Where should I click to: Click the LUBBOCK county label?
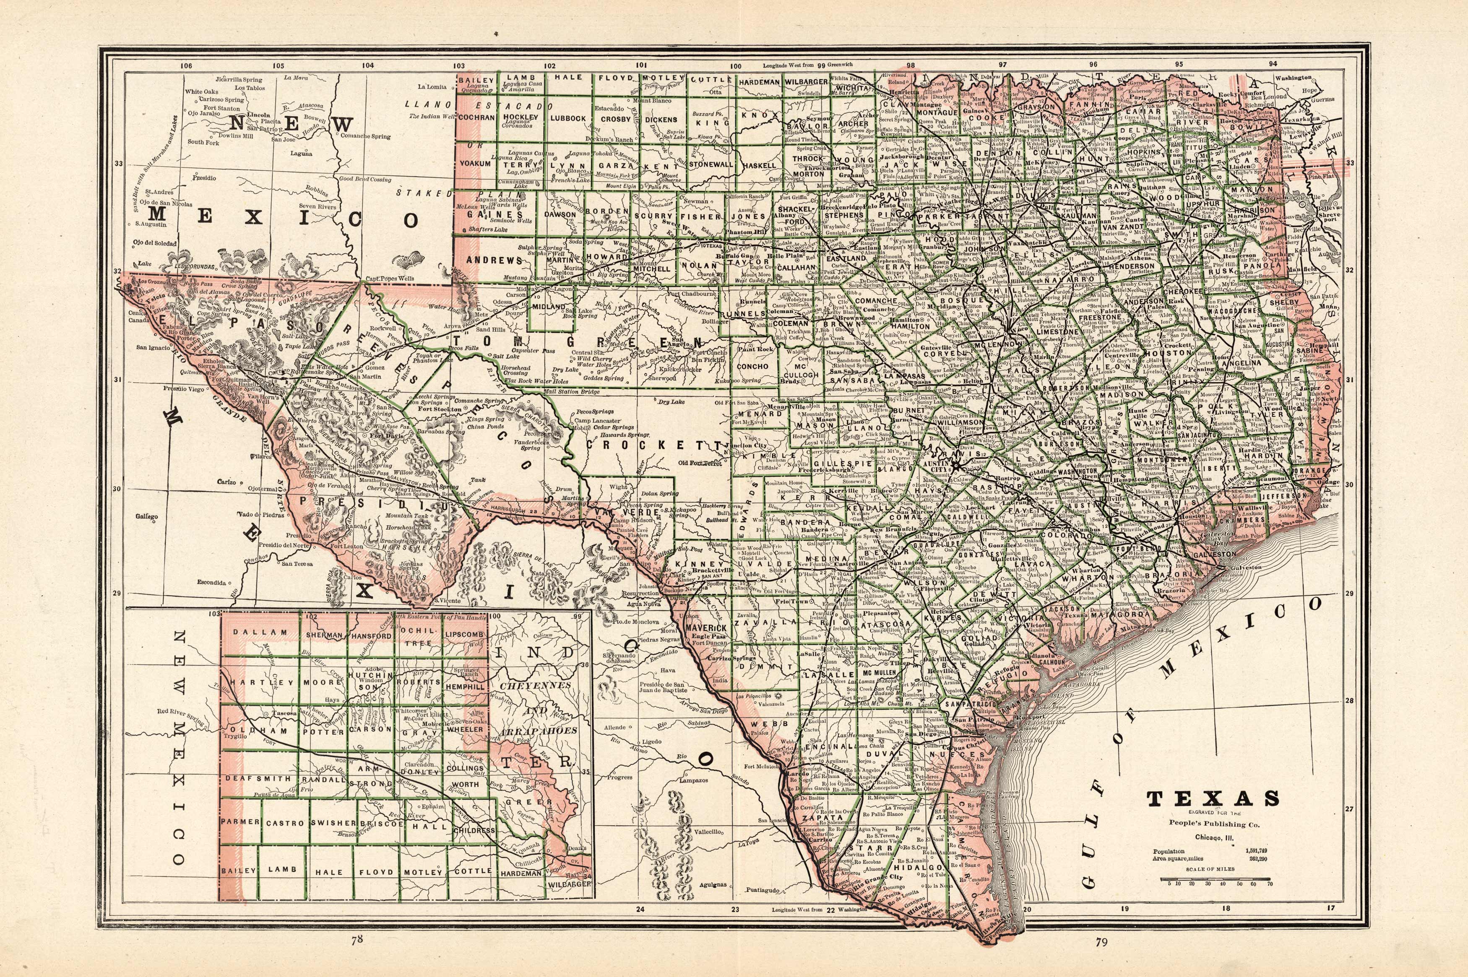pyautogui.click(x=567, y=118)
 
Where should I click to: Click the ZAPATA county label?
pyautogui.click(x=817, y=816)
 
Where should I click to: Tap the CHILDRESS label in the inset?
pyautogui.click(x=475, y=831)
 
